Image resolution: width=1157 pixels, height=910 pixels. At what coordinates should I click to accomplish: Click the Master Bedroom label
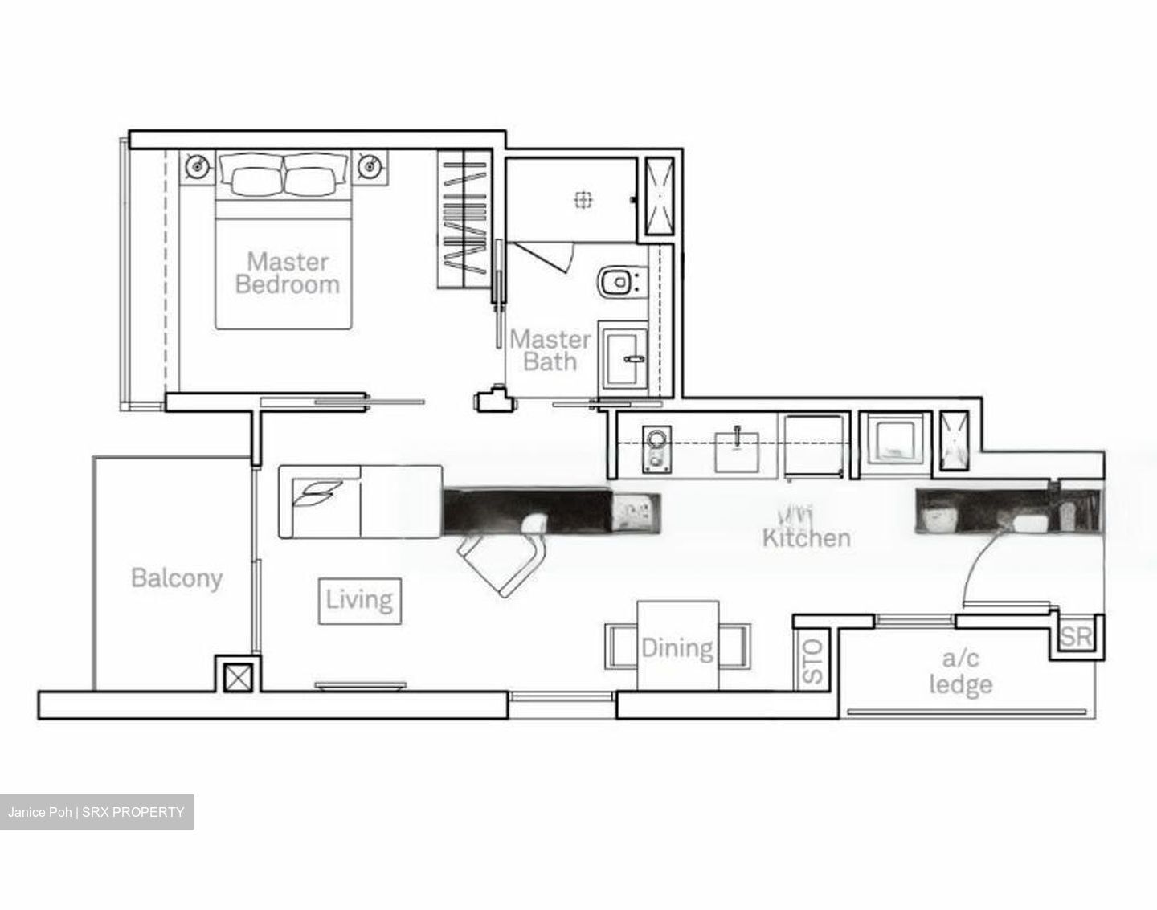(x=288, y=273)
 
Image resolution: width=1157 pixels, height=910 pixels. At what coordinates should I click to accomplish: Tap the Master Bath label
(x=550, y=350)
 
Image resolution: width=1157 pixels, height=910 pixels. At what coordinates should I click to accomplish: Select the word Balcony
(x=177, y=578)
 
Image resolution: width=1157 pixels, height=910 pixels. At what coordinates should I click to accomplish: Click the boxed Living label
(x=360, y=601)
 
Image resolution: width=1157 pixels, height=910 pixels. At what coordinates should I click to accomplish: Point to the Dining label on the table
(x=677, y=648)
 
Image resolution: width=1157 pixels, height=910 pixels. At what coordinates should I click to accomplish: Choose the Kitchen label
(x=807, y=538)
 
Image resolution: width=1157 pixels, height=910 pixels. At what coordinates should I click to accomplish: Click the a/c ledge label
(x=961, y=672)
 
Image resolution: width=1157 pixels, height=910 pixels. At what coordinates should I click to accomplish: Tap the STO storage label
(x=813, y=662)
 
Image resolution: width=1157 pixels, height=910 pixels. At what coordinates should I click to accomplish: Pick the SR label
(x=1076, y=637)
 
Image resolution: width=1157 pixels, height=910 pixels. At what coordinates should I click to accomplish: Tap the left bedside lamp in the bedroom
(x=198, y=166)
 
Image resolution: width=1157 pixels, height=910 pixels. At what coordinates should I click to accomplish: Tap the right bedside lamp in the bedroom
(x=370, y=166)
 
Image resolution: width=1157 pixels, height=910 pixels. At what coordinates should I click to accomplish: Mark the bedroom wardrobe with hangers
(x=464, y=219)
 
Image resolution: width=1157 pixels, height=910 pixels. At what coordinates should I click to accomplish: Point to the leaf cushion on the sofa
(x=317, y=493)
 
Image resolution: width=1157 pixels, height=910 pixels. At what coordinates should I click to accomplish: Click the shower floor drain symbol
(x=583, y=200)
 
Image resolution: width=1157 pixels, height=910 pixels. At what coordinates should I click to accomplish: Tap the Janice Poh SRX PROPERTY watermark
(x=96, y=812)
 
